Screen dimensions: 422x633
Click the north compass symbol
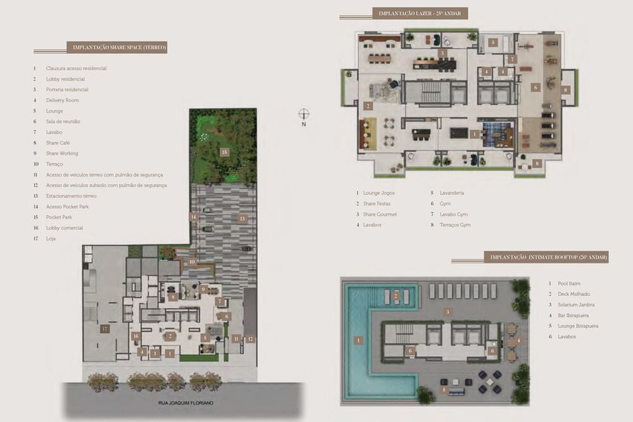(304, 114)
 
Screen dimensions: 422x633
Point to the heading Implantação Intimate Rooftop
(546, 258)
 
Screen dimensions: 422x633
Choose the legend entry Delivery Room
(62, 100)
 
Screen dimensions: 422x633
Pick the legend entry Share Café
(58, 143)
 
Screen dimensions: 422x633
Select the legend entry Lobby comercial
(64, 228)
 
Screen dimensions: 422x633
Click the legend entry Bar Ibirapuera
(572, 315)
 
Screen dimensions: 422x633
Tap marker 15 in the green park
(224, 152)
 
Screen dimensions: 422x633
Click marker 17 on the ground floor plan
(105, 328)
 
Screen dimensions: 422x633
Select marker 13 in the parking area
(242, 218)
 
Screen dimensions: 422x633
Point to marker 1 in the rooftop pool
(358, 340)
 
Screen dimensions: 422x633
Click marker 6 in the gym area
(536, 87)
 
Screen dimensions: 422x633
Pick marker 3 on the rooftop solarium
(447, 311)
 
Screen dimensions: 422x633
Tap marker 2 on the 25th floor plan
(367, 106)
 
